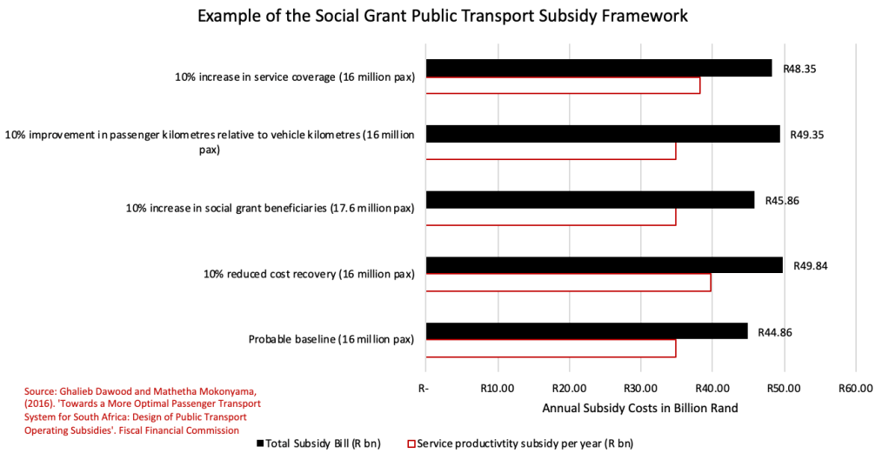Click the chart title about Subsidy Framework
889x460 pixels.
click(444, 17)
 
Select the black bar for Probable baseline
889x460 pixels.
click(586, 330)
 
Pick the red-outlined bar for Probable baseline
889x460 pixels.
click(551, 349)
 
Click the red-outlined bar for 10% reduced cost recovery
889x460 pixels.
click(568, 283)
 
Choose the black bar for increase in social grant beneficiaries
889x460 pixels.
click(590, 200)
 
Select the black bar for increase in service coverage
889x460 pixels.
click(598, 68)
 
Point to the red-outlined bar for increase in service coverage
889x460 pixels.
click(563, 85)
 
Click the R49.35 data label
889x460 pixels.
click(807, 135)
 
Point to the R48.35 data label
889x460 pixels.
click(799, 68)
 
